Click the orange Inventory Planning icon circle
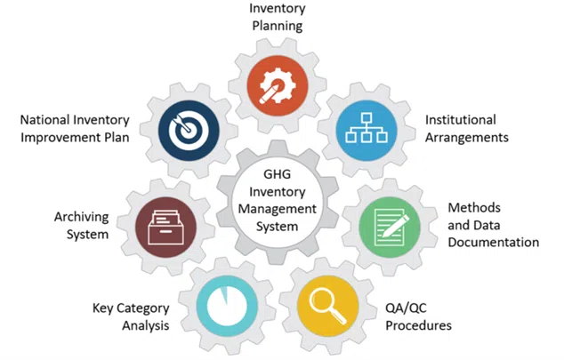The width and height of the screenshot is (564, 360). coord(278,86)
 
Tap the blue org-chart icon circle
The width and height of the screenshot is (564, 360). coord(367,131)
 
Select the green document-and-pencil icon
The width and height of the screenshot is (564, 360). coord(390,227)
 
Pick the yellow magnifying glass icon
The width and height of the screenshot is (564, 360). coord(327,306)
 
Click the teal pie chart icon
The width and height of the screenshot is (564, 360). coord(227,306)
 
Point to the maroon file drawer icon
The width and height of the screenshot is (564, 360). coord(165,227)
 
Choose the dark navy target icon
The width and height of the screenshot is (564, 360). coord(189,131)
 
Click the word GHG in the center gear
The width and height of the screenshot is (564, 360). coord(277,174)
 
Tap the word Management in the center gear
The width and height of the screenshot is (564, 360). coord(278,209)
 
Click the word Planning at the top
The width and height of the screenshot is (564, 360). coord(278,26)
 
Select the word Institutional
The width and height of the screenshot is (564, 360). coord(461,120)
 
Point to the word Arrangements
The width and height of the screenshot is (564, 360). coord(467,138)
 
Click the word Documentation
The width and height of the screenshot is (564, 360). coord(494,243)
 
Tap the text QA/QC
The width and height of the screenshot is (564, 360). coord(406,308)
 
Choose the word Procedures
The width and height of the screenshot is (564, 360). coord(419,325)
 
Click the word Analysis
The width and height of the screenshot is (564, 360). coord(146,325)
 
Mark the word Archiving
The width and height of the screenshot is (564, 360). coord(81,217)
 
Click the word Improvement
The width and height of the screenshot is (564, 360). coord(57,138)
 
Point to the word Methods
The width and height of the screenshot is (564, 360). coord(474,208)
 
